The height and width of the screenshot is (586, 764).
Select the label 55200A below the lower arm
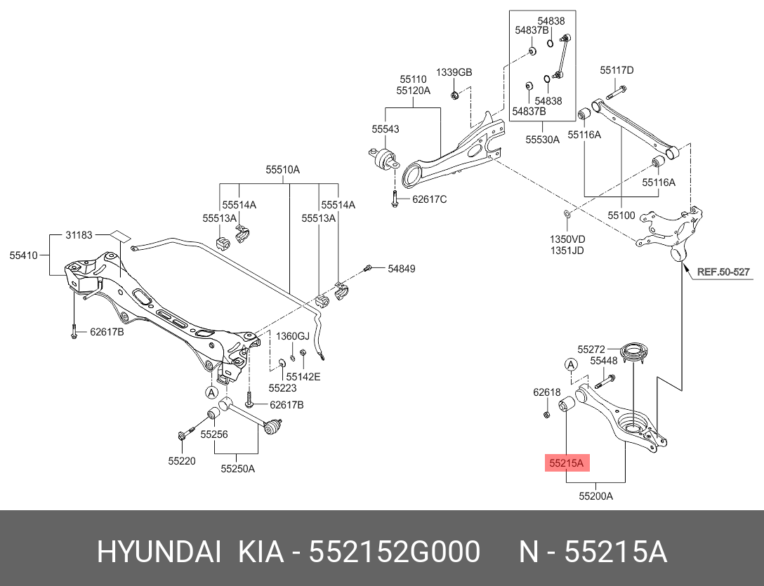pyautogui.click(x=596, y=496)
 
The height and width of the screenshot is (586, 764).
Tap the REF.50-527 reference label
pyautogui.click(x=723, y=272)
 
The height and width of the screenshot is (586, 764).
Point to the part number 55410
pyautogui.click(x=23, y=256)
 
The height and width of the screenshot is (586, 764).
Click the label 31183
pyautogui.click(x=79, y=235)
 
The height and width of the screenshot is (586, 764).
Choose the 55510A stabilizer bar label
pyautogui.click(x=282, y=170)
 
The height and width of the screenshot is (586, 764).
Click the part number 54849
pyautogui.click(x=402, y=268)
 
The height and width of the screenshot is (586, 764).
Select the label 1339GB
pyautogui.click(x=454, y=72)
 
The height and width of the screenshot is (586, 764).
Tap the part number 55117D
pyautogui.click(x=617, y=70)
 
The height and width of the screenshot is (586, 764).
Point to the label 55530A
pyautogui.click(x=542, y=140)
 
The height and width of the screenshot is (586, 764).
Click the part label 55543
pyautogui.click(x=386, y=129)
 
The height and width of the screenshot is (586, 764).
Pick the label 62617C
pyautogui.click(x=429, y=199)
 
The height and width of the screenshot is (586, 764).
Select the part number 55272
pyautogui.click(x=591, y=348)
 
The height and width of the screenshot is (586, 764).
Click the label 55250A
pyautogui.click(x=237, y=468)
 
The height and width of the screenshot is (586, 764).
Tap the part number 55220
pyautogui.click(x=182, y=461)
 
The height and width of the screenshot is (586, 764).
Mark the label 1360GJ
pyautogui.click(x=292, y=336)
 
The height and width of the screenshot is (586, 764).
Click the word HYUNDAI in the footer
pyautogui.click(x=159, y=553)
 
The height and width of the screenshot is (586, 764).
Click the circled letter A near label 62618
pyautogui.click(x=571, y=364)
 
